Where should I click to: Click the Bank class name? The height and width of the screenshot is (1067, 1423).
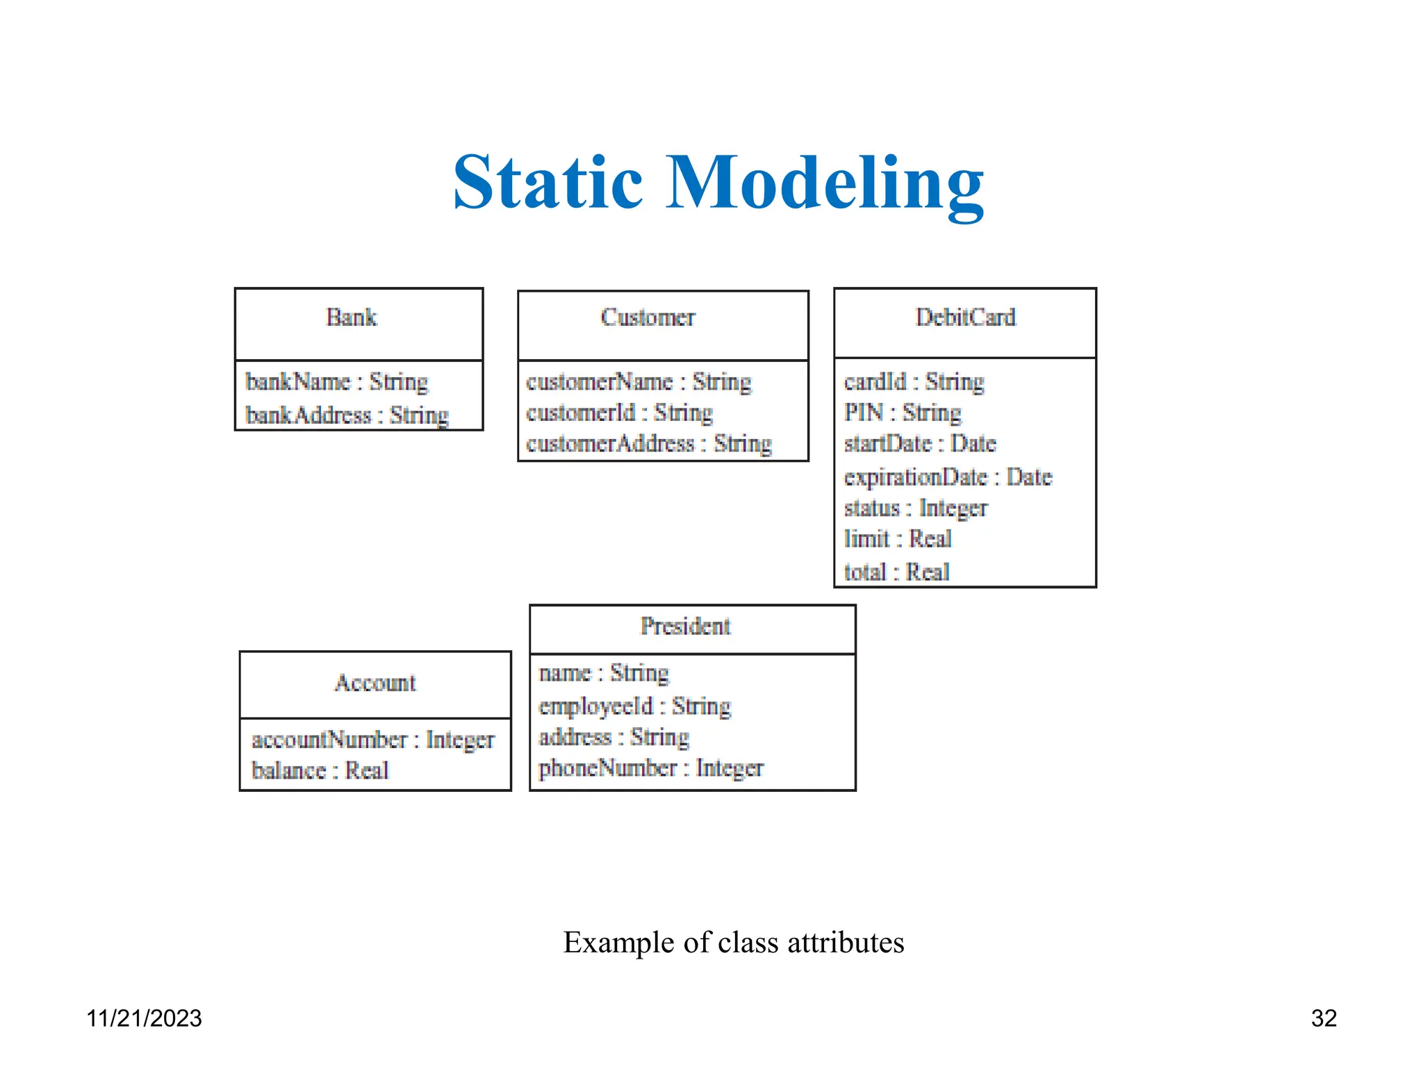point(352,317)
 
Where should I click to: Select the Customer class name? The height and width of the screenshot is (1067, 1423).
point(648,317)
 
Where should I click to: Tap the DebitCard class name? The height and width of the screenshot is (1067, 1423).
point(965,317)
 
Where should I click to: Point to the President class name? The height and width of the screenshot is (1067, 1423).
point(685,627)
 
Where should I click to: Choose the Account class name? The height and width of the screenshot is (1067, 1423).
point(375,683)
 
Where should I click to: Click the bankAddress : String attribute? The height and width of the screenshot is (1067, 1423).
point(347,415)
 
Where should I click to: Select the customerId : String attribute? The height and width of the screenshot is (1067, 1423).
point(619,413)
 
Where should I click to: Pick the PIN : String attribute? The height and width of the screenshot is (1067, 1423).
point(902,413)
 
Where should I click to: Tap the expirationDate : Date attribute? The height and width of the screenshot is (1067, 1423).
point(948,477)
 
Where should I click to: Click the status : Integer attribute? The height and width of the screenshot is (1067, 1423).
point(915,508)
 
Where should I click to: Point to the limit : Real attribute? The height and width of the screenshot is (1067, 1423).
point(897,539)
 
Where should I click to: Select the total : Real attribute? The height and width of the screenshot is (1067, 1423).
point(896,572)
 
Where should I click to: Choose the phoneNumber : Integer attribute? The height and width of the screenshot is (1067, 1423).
point(650,768)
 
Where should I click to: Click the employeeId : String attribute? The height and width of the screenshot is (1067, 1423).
point(634,706)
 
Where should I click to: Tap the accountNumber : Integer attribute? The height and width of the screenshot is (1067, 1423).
point(372,740)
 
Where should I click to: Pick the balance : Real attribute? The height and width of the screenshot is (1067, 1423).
point(320,771)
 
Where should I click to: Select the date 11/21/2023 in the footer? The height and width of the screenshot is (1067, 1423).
point(144,1018)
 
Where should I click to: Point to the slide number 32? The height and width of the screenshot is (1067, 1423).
point(1324,1018)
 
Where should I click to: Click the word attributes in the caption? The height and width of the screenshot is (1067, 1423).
point(846,943)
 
